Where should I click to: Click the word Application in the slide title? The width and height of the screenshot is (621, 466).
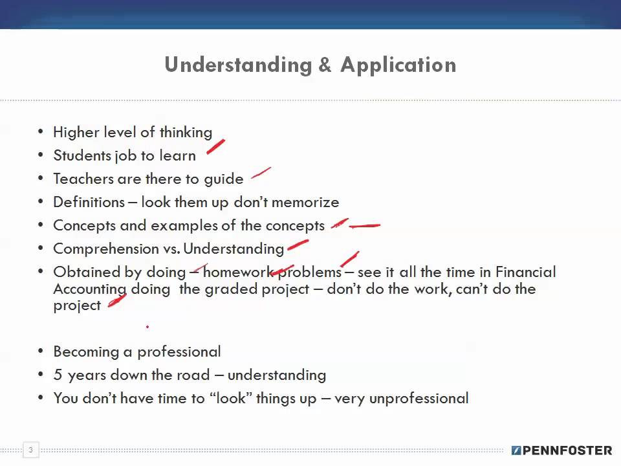click(x=398, y=65)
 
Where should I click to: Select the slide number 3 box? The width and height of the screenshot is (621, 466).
click(x=30, y=449)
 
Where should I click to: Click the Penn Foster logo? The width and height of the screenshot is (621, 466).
click(x=561, y=450)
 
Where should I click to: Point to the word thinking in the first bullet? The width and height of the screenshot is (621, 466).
click(x=186, y=132)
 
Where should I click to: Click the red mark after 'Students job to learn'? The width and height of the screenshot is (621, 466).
click(x=215, y=148)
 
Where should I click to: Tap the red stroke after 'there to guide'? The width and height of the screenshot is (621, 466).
click(x=261, y=173)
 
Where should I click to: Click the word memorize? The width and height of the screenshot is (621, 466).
click(x=305, y=202)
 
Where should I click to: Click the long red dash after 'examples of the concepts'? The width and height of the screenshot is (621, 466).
click(x=365, y=226)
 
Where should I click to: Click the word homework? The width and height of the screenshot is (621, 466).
click(x=239, y=272)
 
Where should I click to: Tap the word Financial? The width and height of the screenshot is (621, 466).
click(x=525, y=272)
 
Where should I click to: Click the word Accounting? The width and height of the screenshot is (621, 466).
click(x=90, y=289)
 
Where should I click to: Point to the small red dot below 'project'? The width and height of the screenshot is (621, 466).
click(x=147, y=327)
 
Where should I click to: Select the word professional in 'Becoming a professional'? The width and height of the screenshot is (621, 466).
click(x=179, y=351)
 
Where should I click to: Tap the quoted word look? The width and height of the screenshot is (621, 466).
click(x=230, y=398)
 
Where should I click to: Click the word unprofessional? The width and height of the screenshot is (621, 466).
click(x=419, y=398)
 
